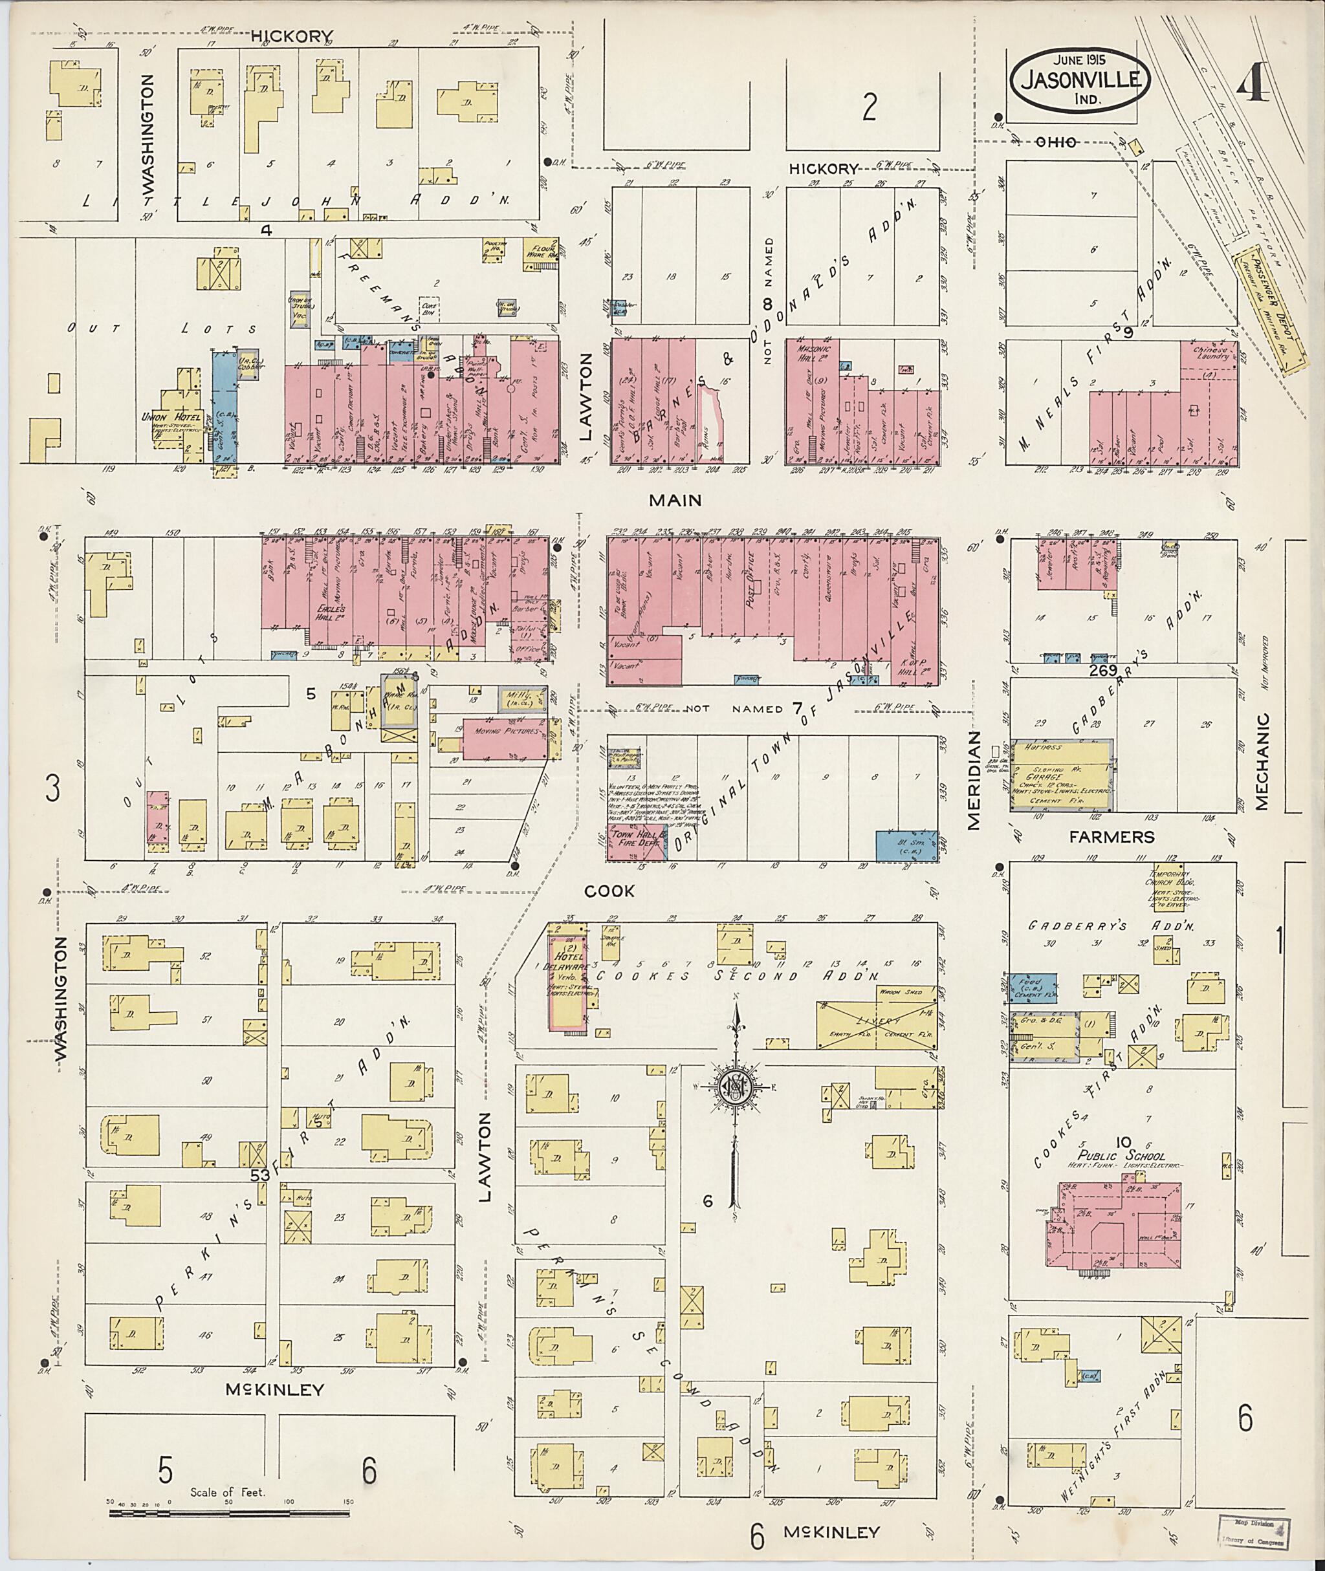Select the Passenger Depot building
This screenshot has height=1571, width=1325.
1269,309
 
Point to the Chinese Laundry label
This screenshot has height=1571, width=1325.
1208,354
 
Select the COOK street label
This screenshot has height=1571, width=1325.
609,891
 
